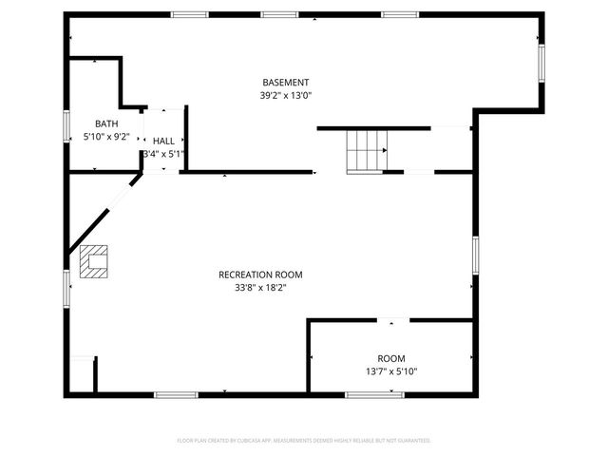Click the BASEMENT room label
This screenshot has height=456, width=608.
(286, 83)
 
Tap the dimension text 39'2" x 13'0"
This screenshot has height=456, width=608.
(286, 95)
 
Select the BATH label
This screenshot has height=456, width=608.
(106, 123)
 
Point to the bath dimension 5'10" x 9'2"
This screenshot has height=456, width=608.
(106, 137)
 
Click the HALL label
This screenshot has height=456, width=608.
(163, 141)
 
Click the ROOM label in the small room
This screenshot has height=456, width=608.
(391, 358)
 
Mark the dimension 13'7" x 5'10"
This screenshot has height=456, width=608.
(391, 371)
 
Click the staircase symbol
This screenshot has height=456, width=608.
(367, 150)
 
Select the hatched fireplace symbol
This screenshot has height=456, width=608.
(94, 260)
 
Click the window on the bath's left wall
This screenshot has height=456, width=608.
(67, 125)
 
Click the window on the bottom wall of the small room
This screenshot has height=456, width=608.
(374, 394)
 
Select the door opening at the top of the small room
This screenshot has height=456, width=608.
(393, 321)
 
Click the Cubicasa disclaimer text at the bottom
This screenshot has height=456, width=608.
(304, 441)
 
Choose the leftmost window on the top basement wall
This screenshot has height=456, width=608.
(189, 14)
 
